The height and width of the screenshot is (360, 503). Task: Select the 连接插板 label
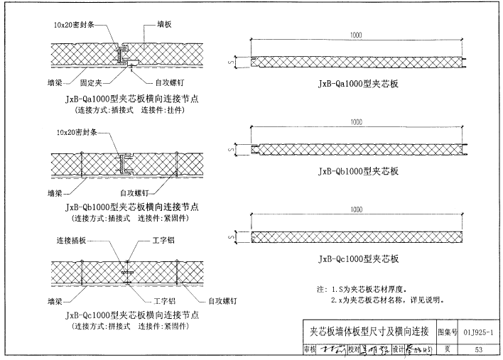(x=70, y=241)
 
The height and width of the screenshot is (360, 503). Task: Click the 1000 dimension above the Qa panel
(x=359, y=35)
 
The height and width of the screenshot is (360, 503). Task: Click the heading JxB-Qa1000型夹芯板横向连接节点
(x=131, y=99)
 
